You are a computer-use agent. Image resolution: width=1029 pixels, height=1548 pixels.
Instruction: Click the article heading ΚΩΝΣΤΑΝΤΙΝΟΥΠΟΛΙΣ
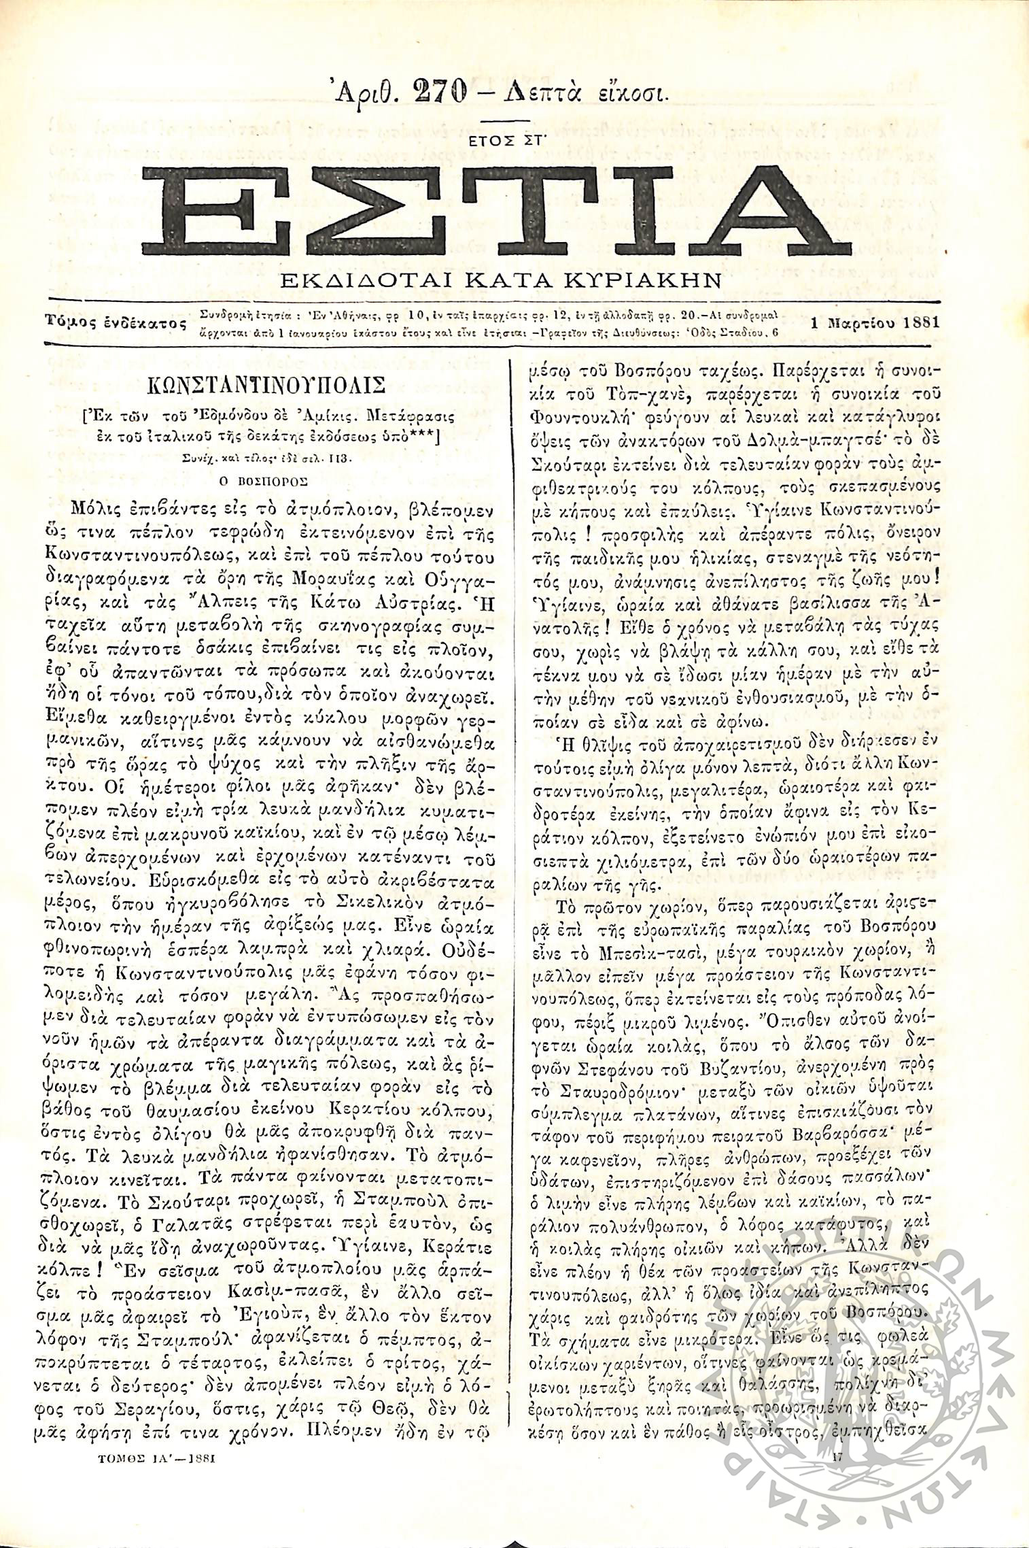[267, 386]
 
